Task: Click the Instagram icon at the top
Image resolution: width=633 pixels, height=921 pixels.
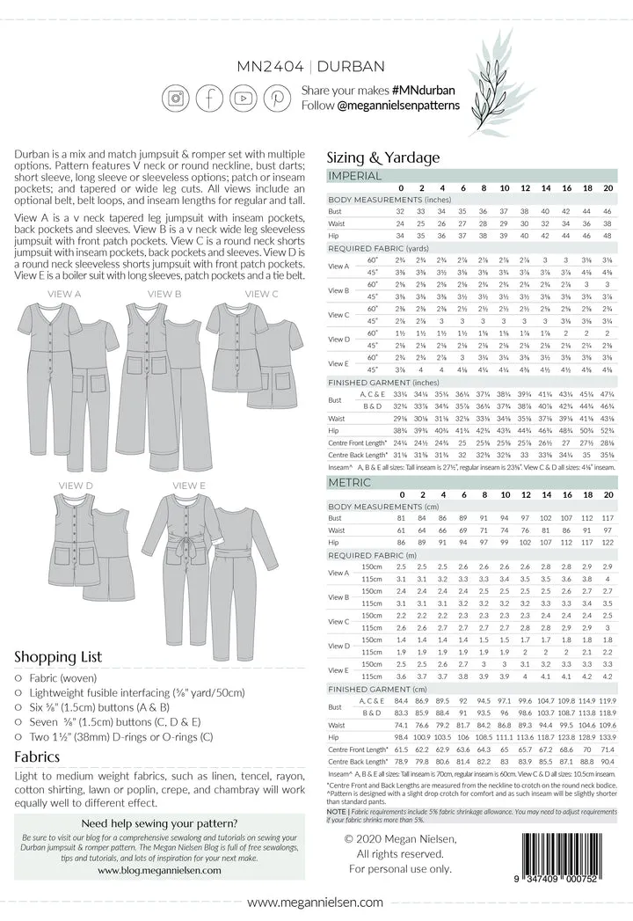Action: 176,98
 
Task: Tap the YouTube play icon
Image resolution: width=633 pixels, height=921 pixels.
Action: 244,98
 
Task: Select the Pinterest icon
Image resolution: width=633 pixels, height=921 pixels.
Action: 278,98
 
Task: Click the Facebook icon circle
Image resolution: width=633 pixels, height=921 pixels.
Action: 210,98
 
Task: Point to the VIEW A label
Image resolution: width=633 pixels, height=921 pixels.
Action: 65,294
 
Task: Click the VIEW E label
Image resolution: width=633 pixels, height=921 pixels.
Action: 189,486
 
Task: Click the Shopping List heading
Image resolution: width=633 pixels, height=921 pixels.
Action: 58,656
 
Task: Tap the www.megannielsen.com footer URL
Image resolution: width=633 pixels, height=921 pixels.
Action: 315,903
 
